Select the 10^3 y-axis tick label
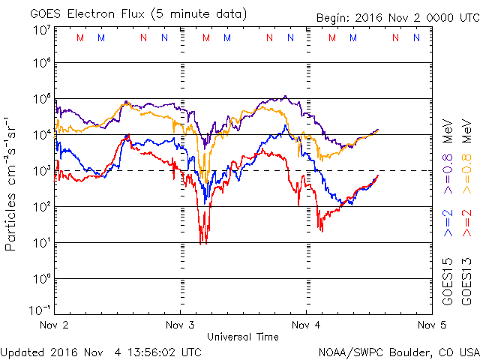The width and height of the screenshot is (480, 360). tap(42, 172)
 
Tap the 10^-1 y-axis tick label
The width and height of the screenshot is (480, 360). tap(40, 309)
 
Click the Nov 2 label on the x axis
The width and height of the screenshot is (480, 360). tap(55, 325)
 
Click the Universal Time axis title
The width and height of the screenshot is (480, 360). tap(243, 337)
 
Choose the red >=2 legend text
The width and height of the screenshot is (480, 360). tap(466, 223)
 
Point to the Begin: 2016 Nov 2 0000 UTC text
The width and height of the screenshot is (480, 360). tap(403, 13)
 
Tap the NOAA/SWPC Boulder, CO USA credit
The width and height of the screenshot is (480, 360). tap(397, 351)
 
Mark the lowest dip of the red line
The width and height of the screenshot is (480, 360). tap(202, 242)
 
